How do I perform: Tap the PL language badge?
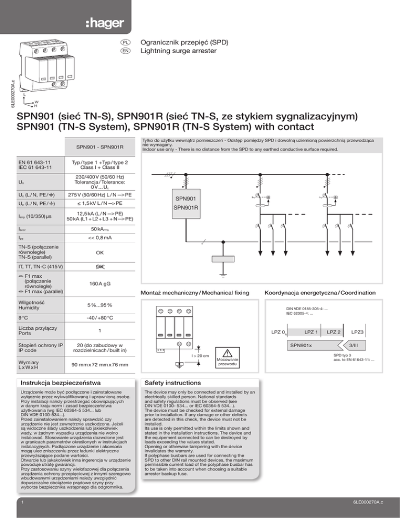pos(126,42)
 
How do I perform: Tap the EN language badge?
pos(126,51)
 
